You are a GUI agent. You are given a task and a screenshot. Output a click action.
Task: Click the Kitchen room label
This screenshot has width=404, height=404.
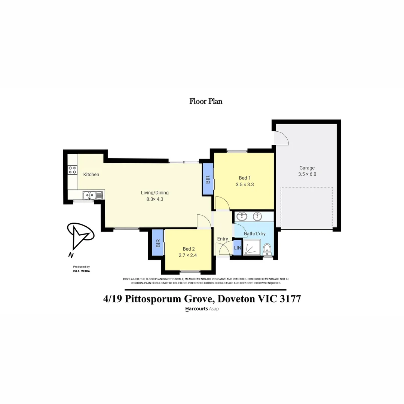click(x=91, y=174)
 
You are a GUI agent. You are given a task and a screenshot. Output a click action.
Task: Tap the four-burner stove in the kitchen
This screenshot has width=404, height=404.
click(x=72, y=170)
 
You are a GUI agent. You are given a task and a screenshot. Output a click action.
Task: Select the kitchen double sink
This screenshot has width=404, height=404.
click(x=90, y=195)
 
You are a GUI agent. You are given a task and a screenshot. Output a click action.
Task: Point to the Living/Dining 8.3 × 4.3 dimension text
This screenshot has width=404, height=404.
click(x=155, y=199)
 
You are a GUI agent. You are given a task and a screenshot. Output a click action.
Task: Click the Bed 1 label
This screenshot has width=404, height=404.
click(x=245, y=178)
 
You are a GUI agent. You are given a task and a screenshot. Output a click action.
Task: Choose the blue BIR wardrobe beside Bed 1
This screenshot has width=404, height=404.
click(x=208, y=180)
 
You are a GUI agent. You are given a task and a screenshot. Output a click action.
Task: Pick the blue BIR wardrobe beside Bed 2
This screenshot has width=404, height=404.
click(x=158, y=243)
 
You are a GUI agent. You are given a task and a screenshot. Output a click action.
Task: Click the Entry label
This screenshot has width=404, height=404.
click(x=223, y=239)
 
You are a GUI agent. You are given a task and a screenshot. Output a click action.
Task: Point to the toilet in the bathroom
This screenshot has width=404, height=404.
click(x=267, y=248)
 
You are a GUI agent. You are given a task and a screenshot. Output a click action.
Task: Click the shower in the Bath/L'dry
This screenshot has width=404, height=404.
click(x=252, y=248)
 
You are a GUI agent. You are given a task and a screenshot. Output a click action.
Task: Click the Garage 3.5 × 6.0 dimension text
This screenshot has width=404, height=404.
click(x=307, y=174)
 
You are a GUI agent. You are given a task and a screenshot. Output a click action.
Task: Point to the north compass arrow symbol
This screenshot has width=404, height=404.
click(x=80, y=237)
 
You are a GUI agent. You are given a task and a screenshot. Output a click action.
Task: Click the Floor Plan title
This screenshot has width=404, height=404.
click(x=206, y=101)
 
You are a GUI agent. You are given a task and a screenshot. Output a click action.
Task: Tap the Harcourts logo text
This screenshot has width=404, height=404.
click(x=197, y=309)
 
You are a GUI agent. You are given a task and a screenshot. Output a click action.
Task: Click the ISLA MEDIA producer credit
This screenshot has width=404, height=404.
click(x=81, y=271)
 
